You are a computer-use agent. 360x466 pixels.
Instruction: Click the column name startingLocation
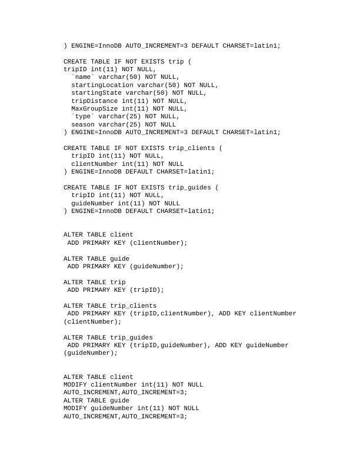coord(102,85)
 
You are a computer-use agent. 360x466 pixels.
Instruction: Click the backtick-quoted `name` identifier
coord(83,77)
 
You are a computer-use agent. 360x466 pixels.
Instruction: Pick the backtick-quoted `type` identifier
coord(83,116)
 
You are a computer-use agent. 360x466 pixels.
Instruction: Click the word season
coord(83,124)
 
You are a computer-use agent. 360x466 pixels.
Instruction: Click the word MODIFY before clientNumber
coord(75,384)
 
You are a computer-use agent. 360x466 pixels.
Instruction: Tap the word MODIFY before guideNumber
coord(75,408)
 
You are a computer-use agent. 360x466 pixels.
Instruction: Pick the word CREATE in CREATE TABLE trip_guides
coord(75,187)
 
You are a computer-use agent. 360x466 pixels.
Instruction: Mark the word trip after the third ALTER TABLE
coord(118,282)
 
